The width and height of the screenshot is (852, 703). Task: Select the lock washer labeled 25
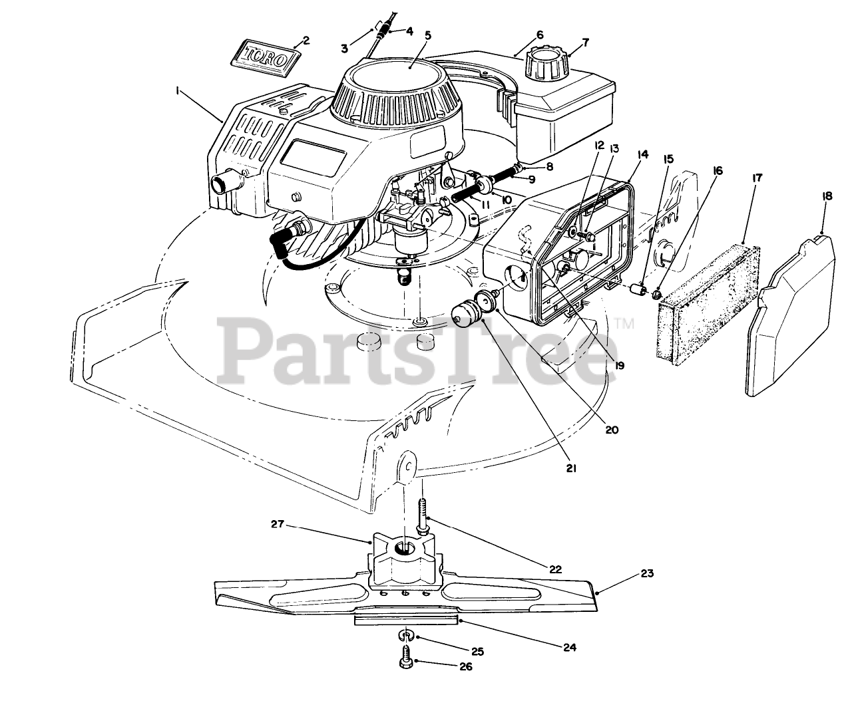coord(405,635)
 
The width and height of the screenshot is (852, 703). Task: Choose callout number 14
coord(642,154)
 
